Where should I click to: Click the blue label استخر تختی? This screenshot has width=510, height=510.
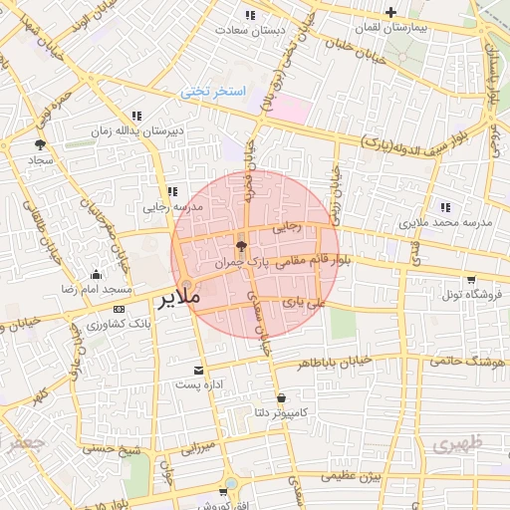210,91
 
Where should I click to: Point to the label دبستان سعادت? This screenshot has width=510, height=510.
258,30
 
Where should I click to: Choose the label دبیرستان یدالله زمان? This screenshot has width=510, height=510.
142,131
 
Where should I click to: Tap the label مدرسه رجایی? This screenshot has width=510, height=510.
172,207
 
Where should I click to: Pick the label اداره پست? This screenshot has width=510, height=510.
199,383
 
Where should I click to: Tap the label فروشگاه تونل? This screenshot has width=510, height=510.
469,295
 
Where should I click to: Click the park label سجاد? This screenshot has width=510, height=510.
39,159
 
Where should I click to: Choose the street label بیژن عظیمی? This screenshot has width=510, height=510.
353,477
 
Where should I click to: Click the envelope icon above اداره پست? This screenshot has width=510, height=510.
199,369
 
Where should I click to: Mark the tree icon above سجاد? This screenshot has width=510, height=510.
40,144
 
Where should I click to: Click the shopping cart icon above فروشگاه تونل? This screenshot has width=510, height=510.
470,280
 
